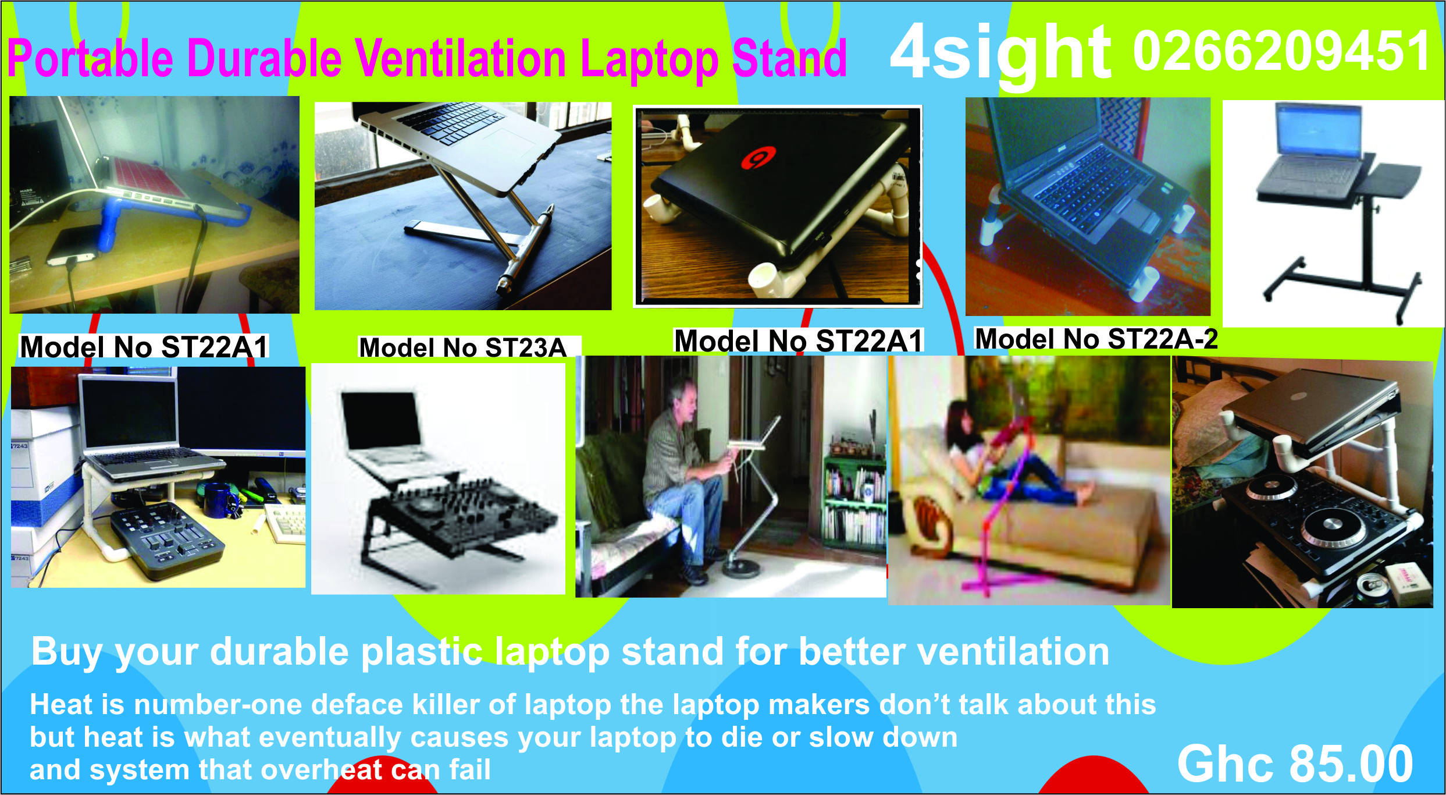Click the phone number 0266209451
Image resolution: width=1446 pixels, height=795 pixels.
(1282, 51)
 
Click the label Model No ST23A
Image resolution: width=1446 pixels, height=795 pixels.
(462, 347)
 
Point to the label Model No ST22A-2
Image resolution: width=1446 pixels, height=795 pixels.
(1096, 339)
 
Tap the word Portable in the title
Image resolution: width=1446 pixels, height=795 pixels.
(90, 58)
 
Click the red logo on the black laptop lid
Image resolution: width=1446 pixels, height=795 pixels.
(758, 157)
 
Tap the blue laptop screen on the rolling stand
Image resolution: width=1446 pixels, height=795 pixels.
(1318, 131)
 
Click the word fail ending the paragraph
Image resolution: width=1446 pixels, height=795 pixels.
(470, 769)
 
